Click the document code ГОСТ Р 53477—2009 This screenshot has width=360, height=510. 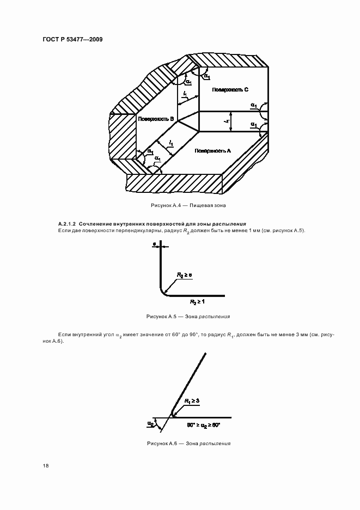coord(72,39)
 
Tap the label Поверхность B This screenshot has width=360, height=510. coord(156,118)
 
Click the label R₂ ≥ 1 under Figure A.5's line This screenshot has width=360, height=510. coord(197,301)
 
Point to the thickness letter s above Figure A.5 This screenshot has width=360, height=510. coord(155,245)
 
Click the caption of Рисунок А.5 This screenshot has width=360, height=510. coord(188,316)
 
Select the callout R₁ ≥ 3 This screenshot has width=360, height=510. coord(192,400)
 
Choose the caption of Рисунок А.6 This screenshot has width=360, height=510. coord(188,444)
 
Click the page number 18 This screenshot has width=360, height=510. coord(46,466)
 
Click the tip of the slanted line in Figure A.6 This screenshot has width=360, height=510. coord(205,354)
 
